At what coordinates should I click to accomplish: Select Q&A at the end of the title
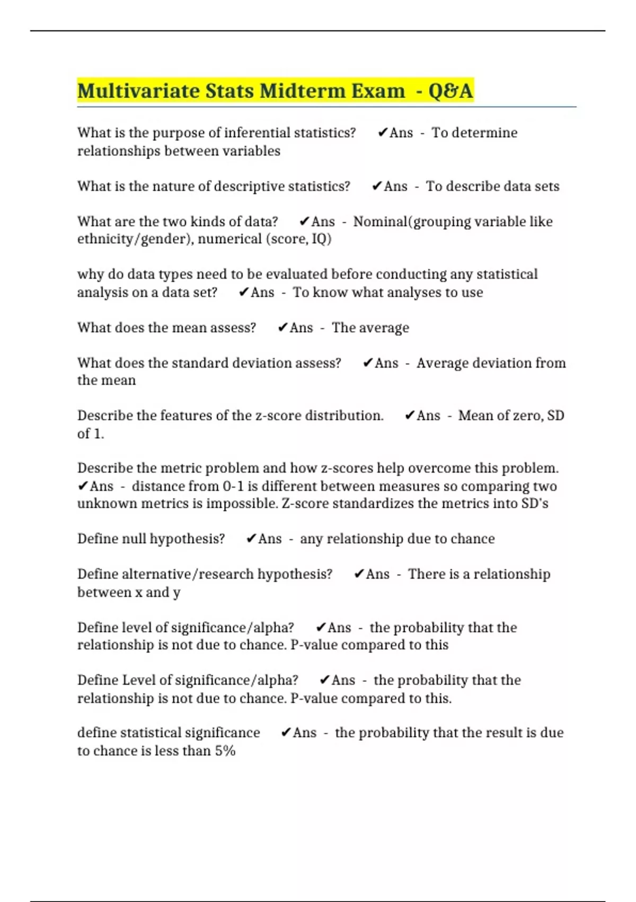[x=450, y=91]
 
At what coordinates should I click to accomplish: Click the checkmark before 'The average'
[x=282, y=328]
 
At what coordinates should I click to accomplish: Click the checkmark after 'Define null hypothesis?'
[x=251, y=539]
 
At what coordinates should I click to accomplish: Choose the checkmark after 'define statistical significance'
[x=286, y=733]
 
